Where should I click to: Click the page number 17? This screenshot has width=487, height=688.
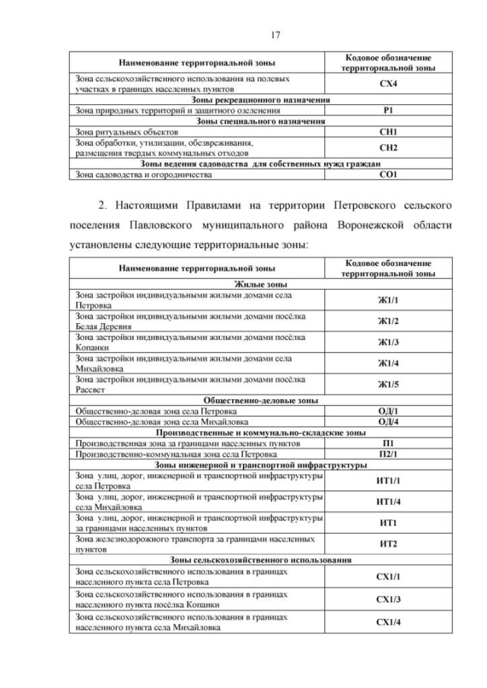click(243, 33)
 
